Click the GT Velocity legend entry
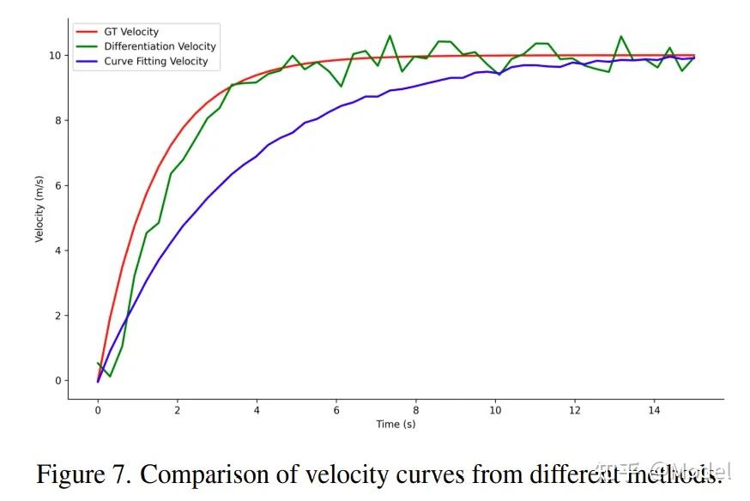coord(130,32)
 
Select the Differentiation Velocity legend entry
coord(159,46)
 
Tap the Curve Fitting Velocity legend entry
coord(155,61)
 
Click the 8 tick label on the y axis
coord(58,120)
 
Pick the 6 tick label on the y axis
coord(58,185)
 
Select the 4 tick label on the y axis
coord(58,250)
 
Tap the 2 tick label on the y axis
coord(58,316)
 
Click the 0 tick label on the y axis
coord(58,381)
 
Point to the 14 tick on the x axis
coord(654,410)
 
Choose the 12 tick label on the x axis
coord(574,410)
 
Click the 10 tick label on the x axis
coord(495,410)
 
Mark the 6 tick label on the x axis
coord(336,410)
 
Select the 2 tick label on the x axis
coord(177,410)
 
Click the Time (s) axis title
coord(396,425)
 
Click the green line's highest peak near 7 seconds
coord(390,36)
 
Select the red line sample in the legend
coord(88,32)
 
